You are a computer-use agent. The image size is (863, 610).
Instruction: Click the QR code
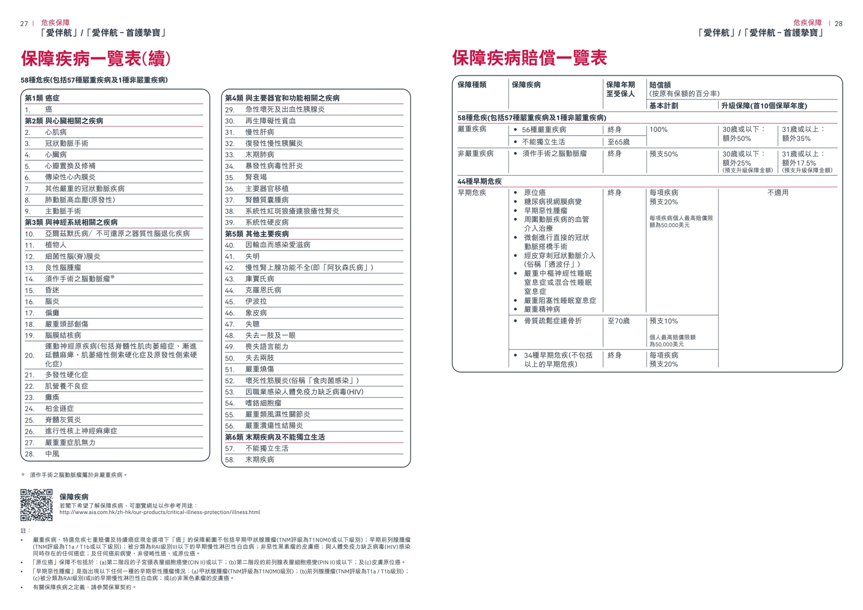pyautogui.click(x=36, y=505)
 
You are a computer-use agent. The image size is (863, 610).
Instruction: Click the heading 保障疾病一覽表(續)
pyautogui.click(x=96, y=58)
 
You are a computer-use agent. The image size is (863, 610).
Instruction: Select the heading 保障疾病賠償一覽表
pyautogui.click(x=529, y=58)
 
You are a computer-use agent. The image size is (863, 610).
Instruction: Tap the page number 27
pyautogui.click(x=24, y=24)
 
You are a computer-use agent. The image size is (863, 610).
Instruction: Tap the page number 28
pyautogui.click(x=838, y=24)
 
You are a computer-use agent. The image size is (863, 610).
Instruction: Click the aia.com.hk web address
pyautogui.click(x=159, y=512)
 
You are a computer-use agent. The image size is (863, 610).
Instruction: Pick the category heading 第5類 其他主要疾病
pyautogui.click(x=257, y=234)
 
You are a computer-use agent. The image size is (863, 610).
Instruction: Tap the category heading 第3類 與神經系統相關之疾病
pyautogui.click(x=71, y=223)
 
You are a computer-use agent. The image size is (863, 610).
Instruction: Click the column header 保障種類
pyautogui.click(x=472, y=85)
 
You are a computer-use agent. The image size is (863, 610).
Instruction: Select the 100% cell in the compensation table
pyautogui.click(x=658, y=129)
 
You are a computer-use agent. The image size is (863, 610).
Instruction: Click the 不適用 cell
pyautogui.click(x=778, y=193)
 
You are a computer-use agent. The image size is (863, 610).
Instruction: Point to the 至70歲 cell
pyautogui.click(x=618, y=321)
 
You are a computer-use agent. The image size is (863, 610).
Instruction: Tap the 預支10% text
pyautogui.click(x=664, y=321)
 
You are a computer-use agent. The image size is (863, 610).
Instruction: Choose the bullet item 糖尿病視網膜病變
pyautogui.click(x=552, y=202)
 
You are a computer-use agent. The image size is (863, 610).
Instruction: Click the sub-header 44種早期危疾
pyautogui.click(x=479, y=182)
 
